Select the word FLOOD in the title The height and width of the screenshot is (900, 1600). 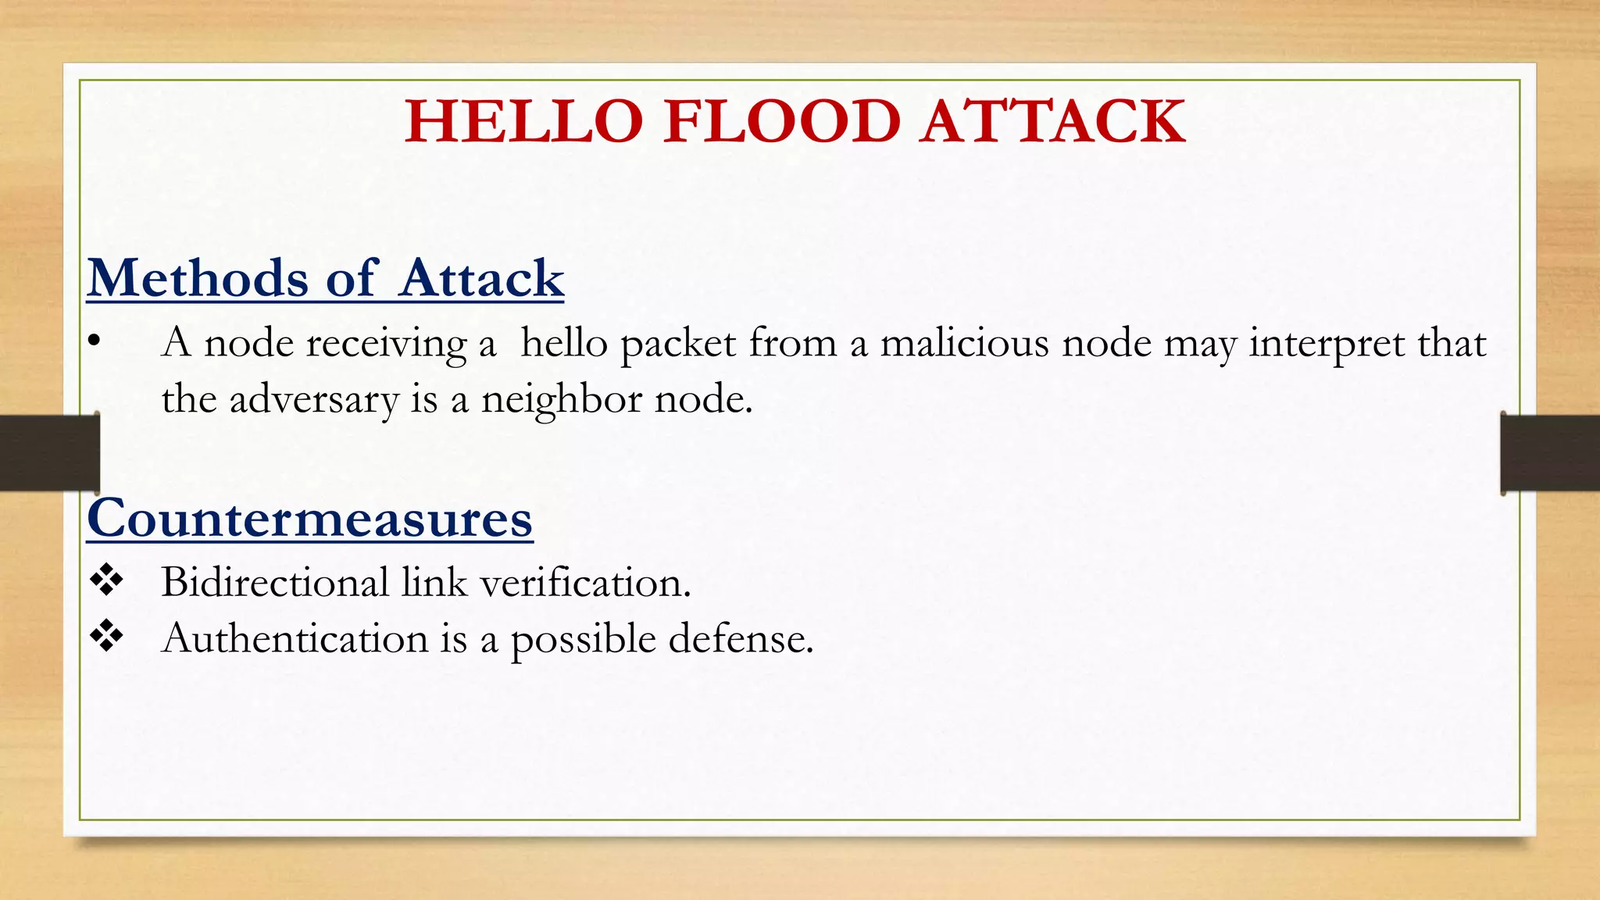click(x=782, y=122)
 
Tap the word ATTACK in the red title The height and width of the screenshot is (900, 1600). click(x=1052, y=122)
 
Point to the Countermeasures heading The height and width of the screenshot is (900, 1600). click(x=310, y=518)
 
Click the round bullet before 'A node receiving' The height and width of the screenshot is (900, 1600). click(x=95, y=341)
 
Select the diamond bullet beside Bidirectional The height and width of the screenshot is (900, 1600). click(x=106, y=581)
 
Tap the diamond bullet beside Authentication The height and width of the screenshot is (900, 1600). click(x=106, y=637)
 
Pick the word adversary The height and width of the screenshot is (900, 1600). click(x=313, y=400)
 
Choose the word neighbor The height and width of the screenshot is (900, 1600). click(x=561, y=400)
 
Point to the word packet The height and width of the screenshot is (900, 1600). click(x=678, y=344)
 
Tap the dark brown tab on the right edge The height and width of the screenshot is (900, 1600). click(x=1550, y=453)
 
